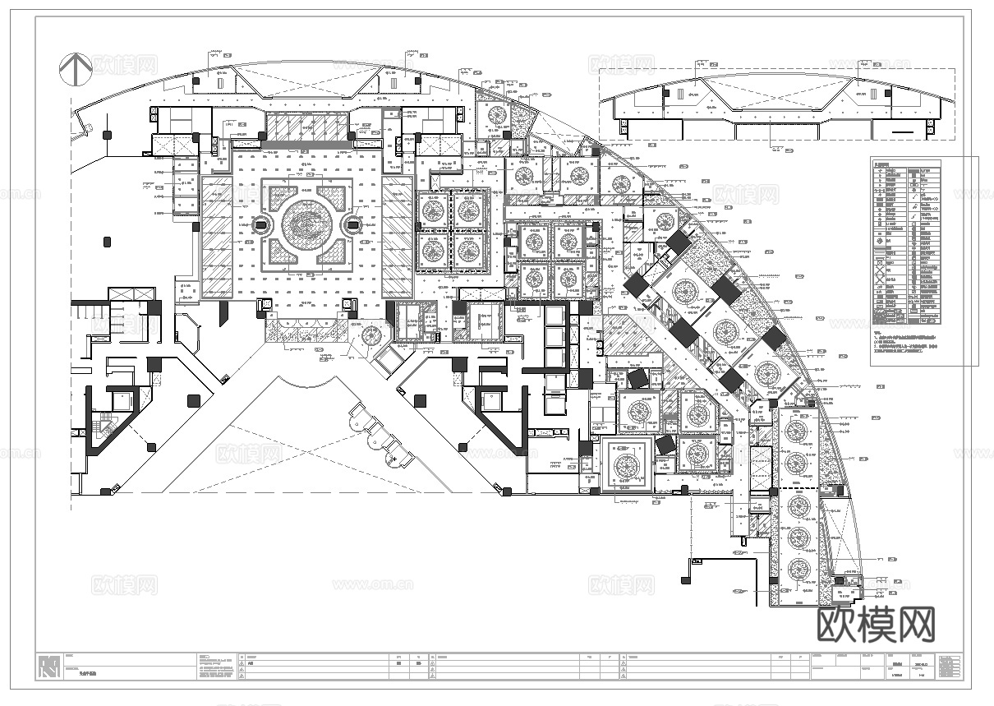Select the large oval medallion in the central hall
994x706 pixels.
307,224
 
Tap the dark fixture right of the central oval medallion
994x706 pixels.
354,224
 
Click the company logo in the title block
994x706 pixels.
50,665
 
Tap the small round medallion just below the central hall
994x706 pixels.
370,335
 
